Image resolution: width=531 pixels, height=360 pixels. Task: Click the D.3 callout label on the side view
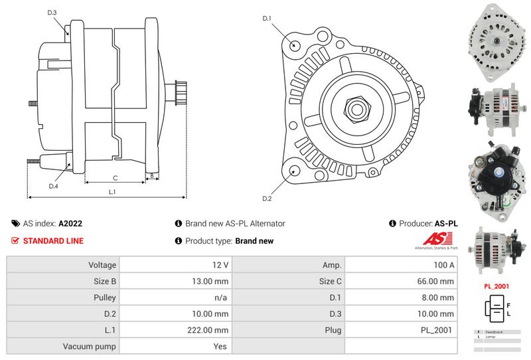[52, 13]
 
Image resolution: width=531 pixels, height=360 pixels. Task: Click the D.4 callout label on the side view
[53, 186]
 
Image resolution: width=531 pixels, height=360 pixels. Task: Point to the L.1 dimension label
[112, 191]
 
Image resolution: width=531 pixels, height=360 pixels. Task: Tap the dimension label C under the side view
[115, 177]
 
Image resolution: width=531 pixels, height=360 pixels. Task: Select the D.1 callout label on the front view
[267, 18]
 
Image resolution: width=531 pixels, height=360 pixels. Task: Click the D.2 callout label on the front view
[267, 199]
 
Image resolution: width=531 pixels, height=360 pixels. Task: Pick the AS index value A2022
[70, 224]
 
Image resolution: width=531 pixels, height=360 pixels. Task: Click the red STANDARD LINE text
[53, 240]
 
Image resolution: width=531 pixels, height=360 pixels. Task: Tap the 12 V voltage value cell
[221, 264]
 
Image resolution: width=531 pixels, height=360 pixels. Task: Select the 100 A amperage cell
[443, 264]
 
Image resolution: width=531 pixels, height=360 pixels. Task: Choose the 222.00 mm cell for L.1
[212, 330]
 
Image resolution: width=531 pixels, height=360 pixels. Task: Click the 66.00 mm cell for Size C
[437, 281]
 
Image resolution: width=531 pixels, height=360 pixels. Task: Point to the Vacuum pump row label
[90, 346]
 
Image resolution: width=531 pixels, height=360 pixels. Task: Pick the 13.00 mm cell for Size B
[212, 281]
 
